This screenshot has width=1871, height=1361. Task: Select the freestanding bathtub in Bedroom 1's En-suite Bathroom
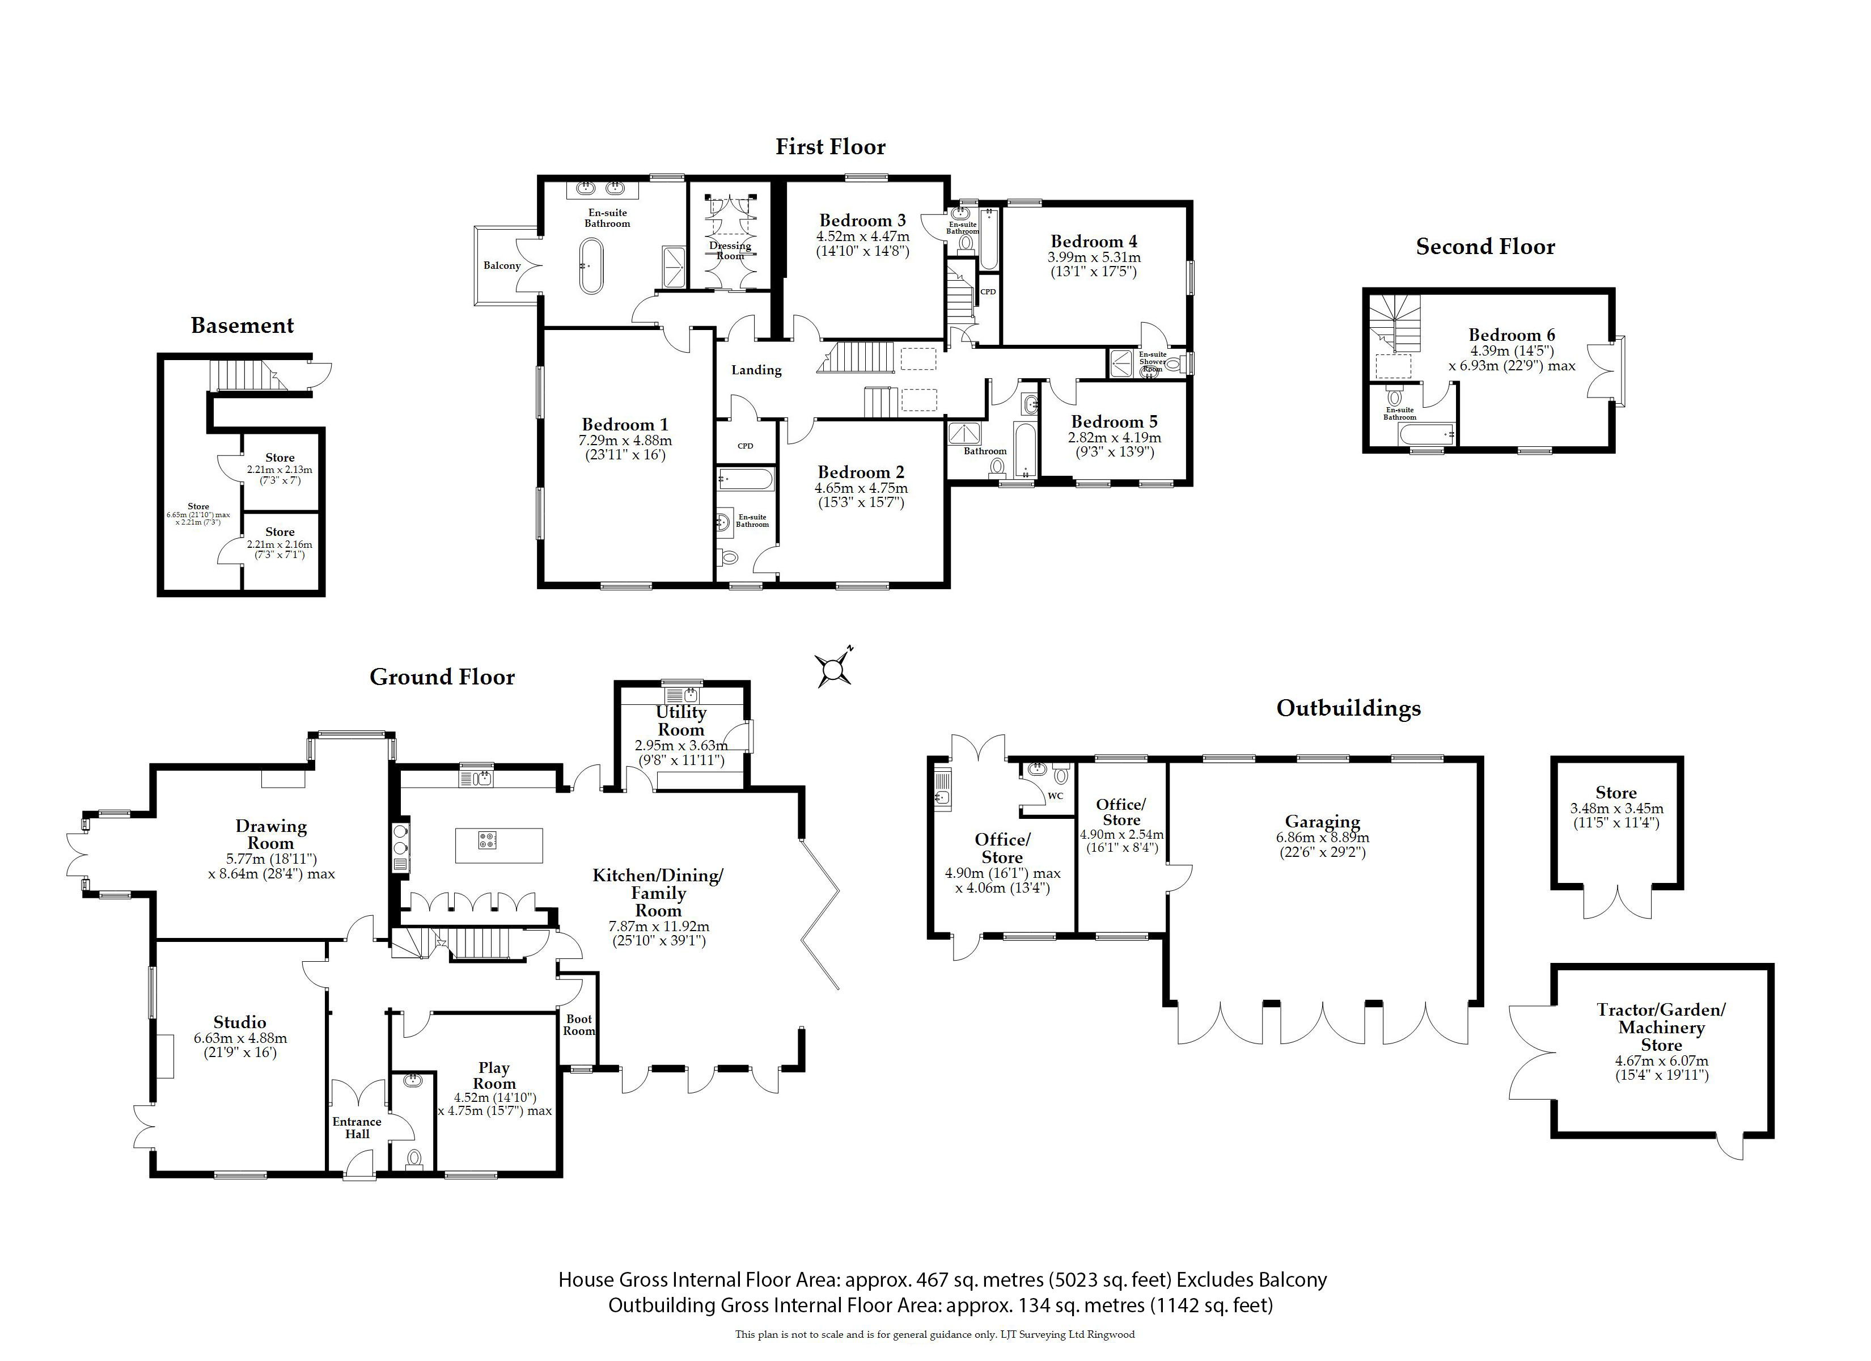pyautogui.click(x=591, y=267)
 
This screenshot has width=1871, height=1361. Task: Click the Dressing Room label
pyautogui.click(x=730, y=251)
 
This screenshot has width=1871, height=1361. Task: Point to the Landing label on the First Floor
pyautogui.click(x=756, y=370)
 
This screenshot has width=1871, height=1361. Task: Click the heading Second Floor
pyautogui.click(x=1485, y=247)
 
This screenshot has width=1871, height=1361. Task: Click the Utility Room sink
pyautogui.click(x=684, y=695)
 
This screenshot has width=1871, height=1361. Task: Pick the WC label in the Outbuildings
pyautogui.click(x=1055, y=796)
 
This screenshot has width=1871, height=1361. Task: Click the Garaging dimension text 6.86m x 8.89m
pyautogui.click(x=1322, y=837)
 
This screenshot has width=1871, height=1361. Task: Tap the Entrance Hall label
pyautogui.click(x=357, y=1127)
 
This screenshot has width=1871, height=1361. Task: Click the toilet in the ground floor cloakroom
pyautogui.click(x=414, y=1160)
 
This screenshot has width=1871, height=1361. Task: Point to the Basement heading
pyautogui.click(x=243, y=326)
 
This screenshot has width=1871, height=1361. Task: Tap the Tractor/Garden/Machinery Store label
pyautogui.click(x=1661, y=1028)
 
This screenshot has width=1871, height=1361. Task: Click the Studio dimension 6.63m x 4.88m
pyautogui.click(x=240, y=1038)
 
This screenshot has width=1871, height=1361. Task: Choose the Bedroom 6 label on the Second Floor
pyautogui.click(x=1512, y=335)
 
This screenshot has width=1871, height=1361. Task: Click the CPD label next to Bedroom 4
pyautogui.click(x=988, y=292)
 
